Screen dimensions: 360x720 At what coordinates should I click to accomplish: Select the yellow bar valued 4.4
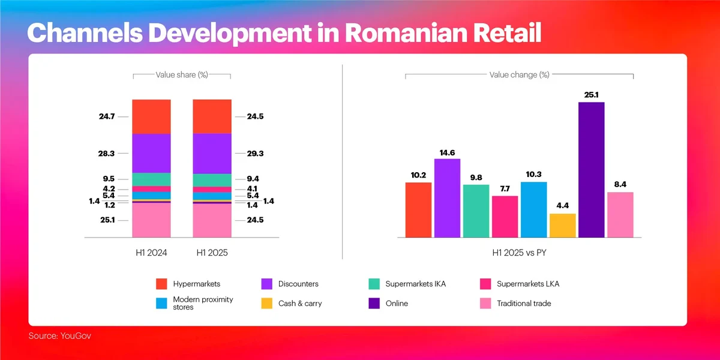tap(562, 226)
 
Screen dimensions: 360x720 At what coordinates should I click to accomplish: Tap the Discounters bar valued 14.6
tap(447, 198)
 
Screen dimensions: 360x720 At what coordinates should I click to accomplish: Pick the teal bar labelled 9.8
tap(476, 211)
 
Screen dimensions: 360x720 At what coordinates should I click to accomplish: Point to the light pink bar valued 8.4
tap(620, 215)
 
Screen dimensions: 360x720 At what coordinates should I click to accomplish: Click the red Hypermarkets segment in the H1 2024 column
tap(151, 116)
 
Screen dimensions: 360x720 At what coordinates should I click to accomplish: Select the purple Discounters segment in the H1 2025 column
tap(212, 154)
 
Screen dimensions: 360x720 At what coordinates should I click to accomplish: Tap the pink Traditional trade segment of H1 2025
tap(212, 221)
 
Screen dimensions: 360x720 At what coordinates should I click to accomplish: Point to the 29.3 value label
tap(256, 154)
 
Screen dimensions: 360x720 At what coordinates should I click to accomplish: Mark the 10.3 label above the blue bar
tap(533, 174)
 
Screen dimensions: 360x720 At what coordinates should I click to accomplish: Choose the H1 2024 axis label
tap(151, 253)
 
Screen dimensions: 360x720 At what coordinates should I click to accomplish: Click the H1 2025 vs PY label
tap(519, 253)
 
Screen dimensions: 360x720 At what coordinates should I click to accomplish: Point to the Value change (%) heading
tap(519, 75)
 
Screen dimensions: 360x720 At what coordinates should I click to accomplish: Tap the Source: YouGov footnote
tap(60, 336)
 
